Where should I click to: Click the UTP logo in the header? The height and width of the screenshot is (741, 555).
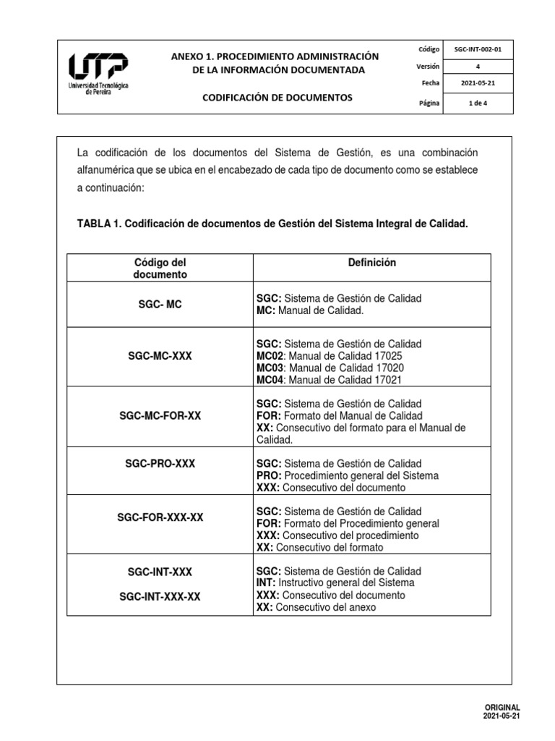coord(98,75)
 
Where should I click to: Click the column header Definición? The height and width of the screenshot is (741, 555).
coord(371,263)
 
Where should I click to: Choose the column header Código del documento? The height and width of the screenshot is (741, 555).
coord(160,268)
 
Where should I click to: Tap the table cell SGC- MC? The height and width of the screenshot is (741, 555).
coord(160,305)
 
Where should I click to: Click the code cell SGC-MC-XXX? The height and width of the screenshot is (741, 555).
coord(160,356)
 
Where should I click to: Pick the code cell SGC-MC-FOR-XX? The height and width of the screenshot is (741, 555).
coord(160,416)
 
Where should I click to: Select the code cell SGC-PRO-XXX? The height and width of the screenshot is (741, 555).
coord(160,463)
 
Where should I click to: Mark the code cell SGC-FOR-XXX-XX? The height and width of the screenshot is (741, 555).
coord(160,517)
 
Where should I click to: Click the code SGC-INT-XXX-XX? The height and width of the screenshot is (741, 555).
coord(160,596)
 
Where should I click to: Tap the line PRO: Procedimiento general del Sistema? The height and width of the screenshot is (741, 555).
coord(347,475)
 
